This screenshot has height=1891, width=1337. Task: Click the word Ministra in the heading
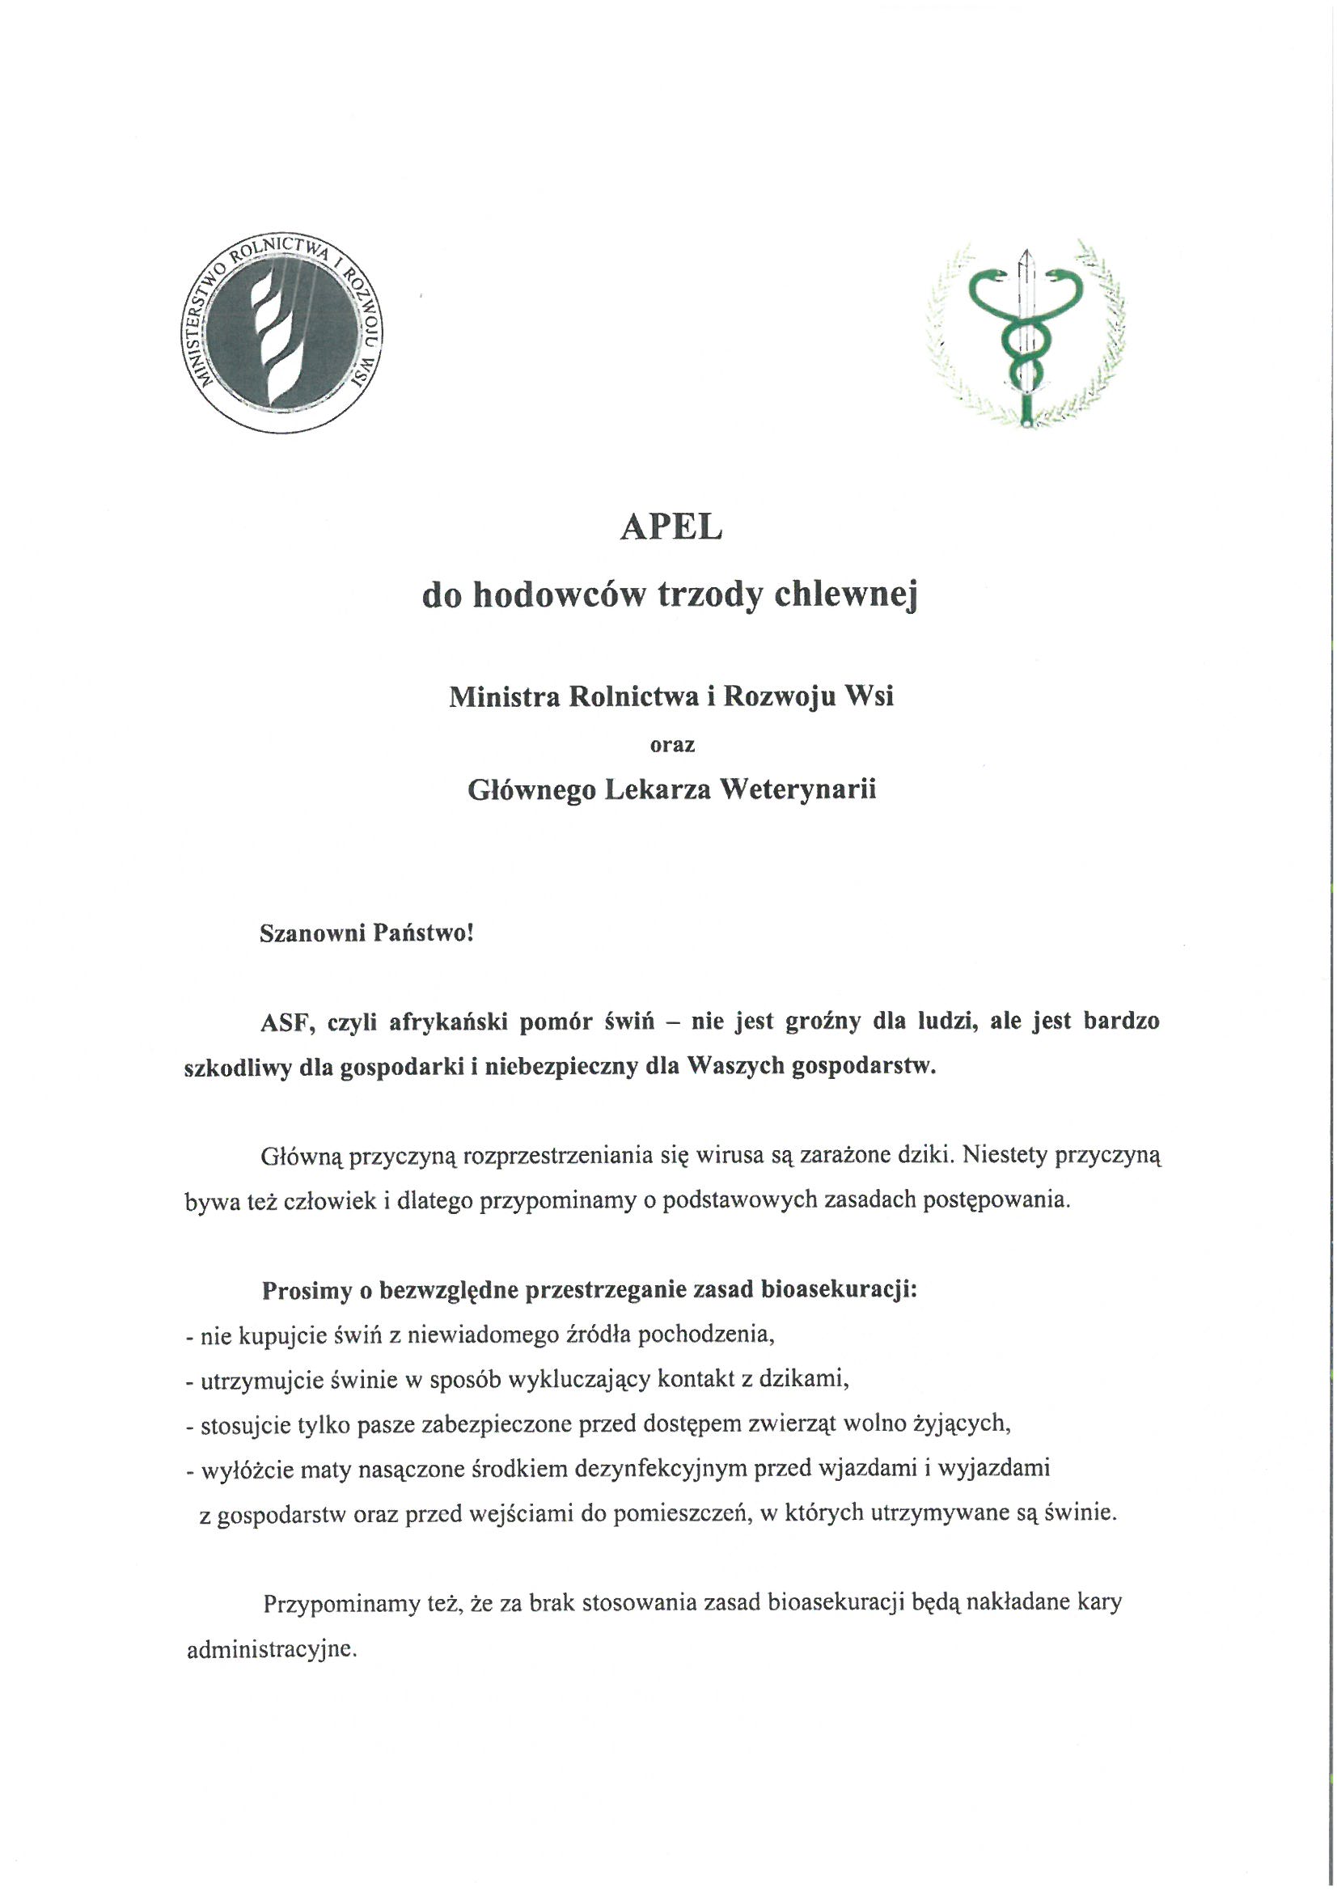(497, 696)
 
